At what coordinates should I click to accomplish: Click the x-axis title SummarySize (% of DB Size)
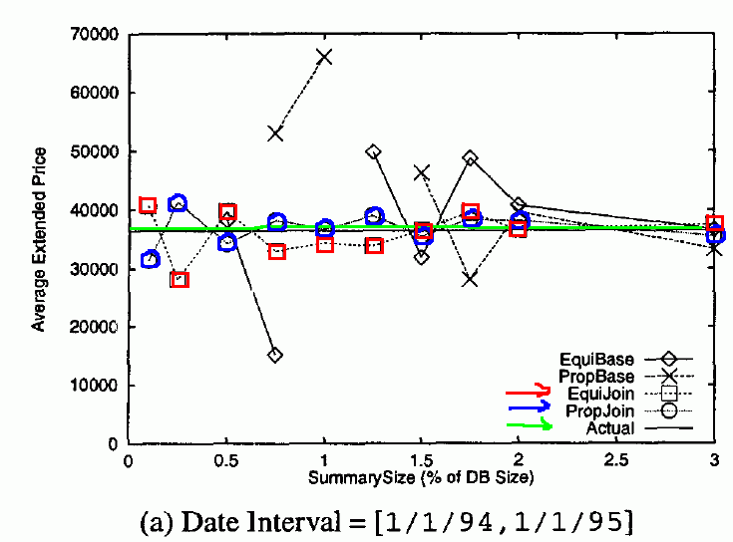tap(422, 476)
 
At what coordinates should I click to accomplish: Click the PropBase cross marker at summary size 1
tap(324, 56)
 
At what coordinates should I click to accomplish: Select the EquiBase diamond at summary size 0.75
tap(275, 355)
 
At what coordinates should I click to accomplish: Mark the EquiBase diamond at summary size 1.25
tap(373, 151)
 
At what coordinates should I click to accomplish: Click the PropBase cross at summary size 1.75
tap(470, 279)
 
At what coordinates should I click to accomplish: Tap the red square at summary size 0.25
tap(180, 279)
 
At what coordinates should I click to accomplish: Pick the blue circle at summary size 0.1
tap(151, 259)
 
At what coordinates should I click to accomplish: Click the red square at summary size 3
tap(714, 224)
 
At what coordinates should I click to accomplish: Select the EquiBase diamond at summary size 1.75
tap(470, 158)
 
